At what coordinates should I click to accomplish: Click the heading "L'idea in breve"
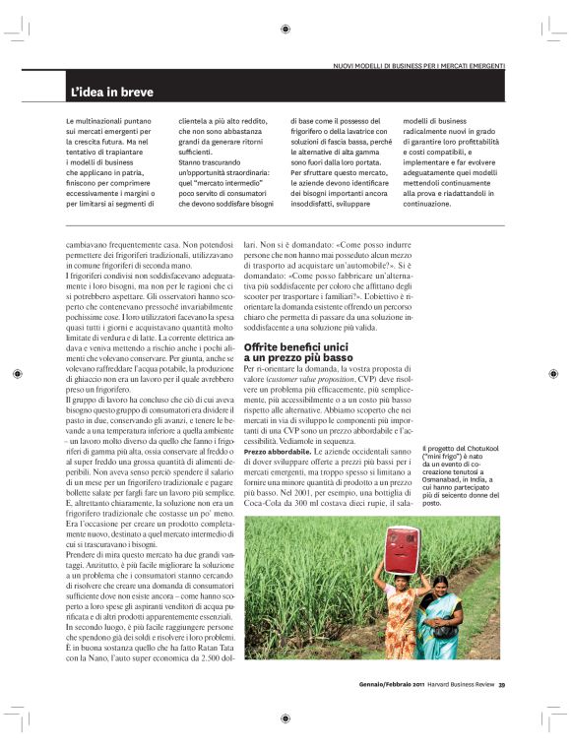coord(111,93)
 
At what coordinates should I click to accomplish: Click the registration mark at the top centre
coord(285,30)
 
